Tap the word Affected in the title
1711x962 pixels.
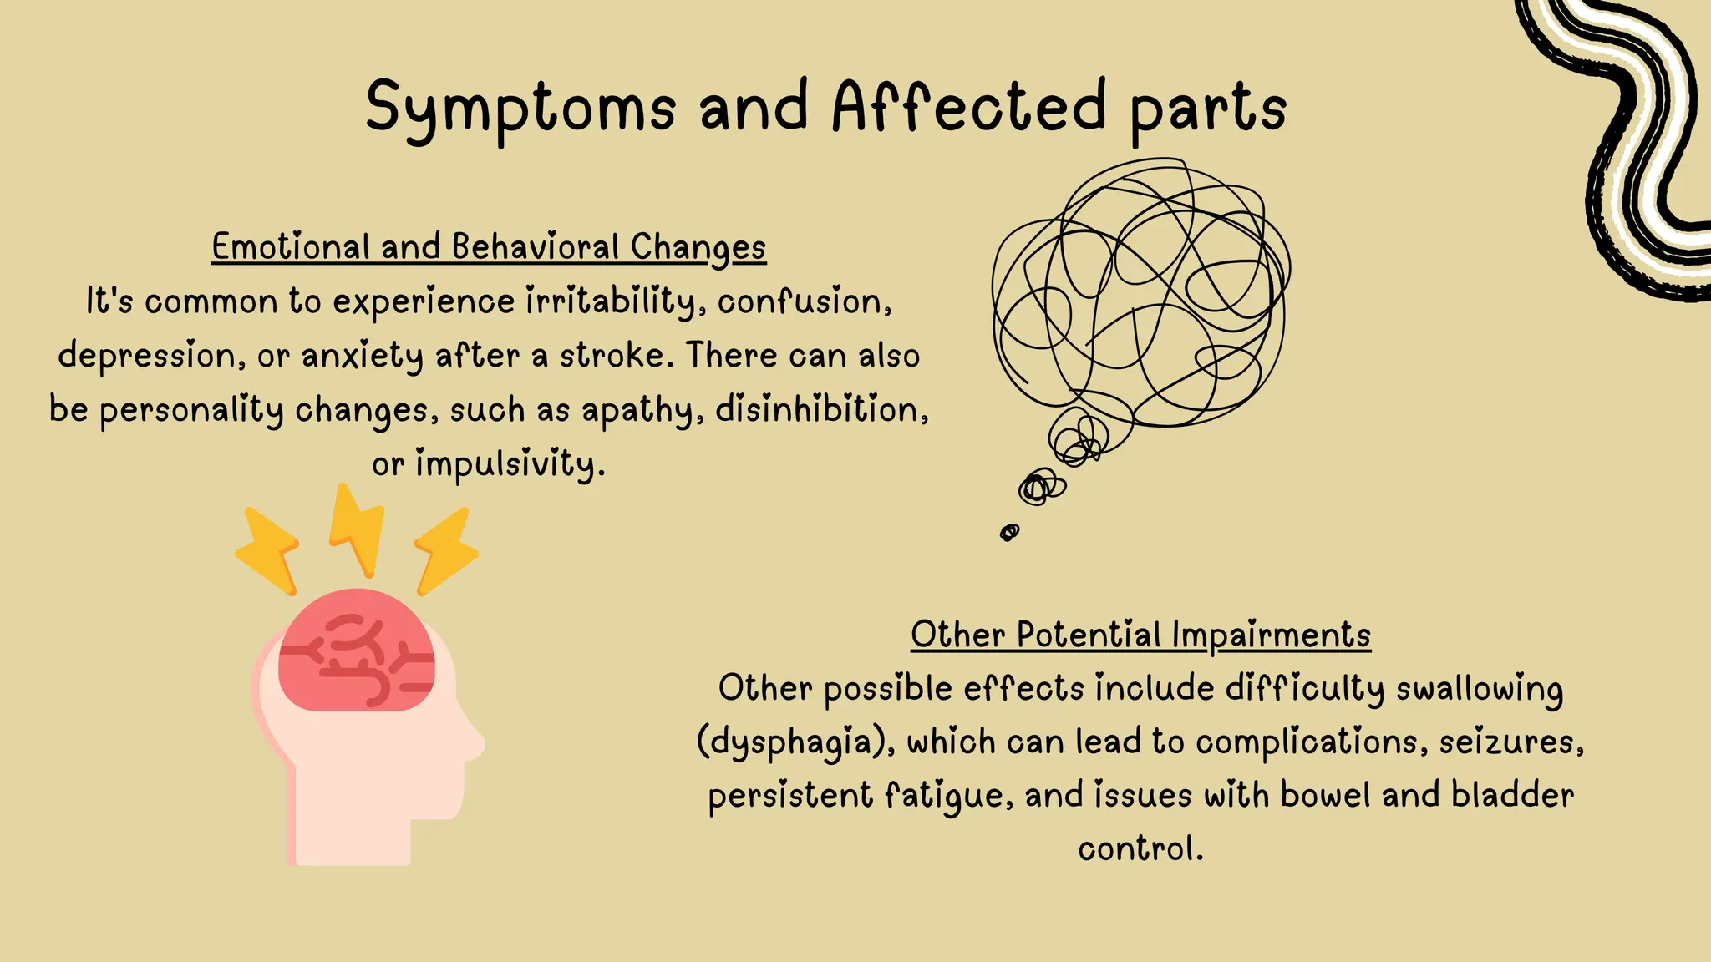point(969,107)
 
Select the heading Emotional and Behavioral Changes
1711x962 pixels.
point(489,247)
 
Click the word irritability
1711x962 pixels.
point(610,301)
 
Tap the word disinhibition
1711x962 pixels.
point(822,409)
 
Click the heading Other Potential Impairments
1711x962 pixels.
point(1140,635)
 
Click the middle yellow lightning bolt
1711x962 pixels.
point(357,529)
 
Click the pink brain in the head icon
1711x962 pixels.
point(357,651)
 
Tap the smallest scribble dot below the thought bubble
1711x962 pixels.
point(1009,532)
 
